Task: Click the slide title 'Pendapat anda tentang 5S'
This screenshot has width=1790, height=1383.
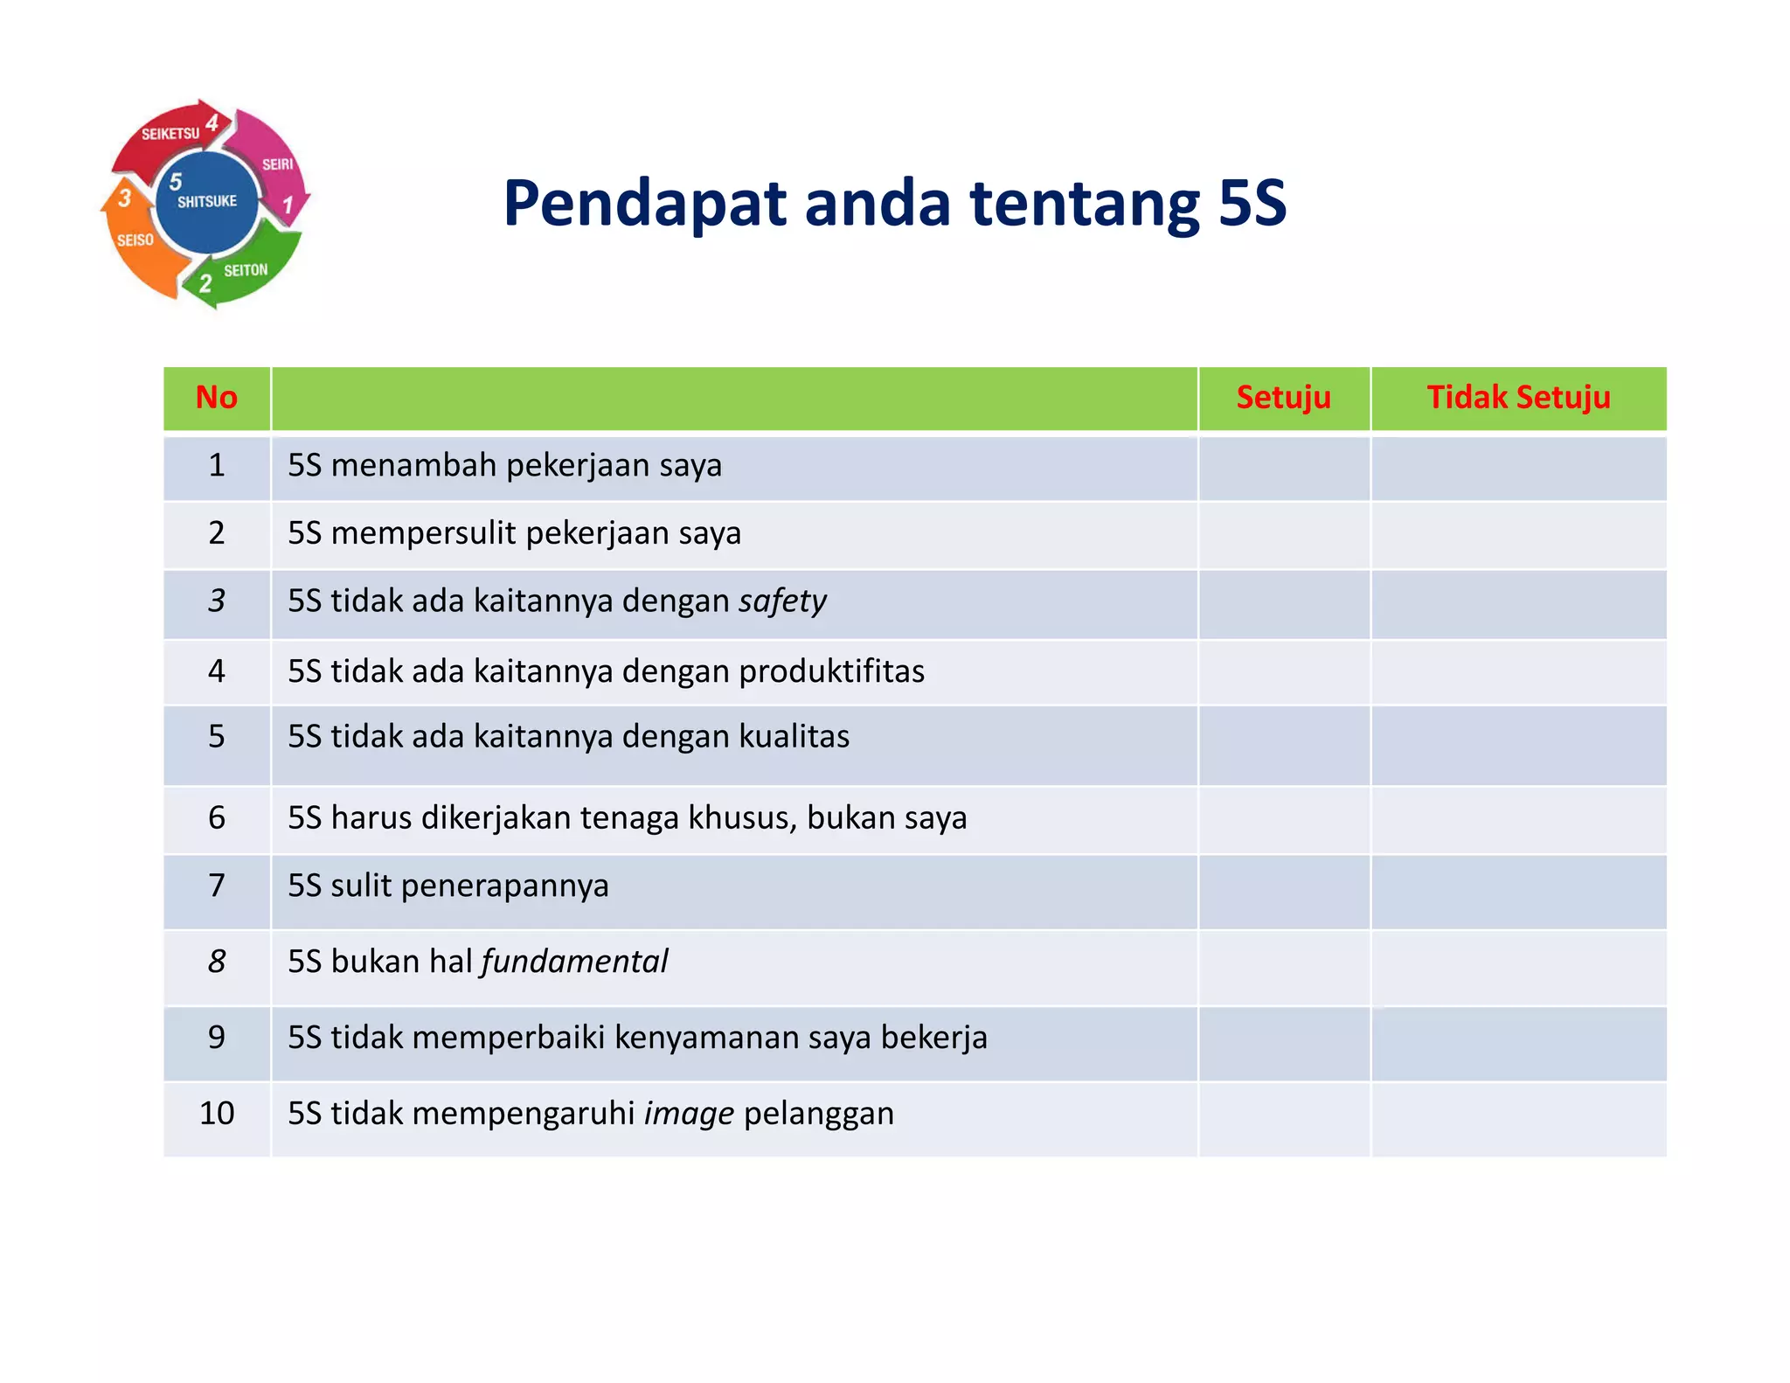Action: [894, 203]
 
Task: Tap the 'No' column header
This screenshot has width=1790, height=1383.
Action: [216, 398]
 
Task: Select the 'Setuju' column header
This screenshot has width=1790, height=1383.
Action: [1283, 398]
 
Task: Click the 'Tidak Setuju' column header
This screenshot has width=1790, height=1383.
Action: [1518, 398]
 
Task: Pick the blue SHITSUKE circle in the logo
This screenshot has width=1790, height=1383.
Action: [208, 201]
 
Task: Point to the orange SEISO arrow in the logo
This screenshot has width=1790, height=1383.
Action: [135, 245]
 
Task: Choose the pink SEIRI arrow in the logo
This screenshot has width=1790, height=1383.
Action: [275, 162]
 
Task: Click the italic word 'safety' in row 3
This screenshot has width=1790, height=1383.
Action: [782, 601]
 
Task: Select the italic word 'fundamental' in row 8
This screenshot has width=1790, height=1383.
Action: [574, 962]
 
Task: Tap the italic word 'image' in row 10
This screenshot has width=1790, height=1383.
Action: [689, 1114]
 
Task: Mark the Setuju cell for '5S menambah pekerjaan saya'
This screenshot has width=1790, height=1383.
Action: [1283, 468]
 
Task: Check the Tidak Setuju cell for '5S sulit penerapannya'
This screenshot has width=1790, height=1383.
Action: [1518, 892]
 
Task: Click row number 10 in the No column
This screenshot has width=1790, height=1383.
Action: [216, 1114]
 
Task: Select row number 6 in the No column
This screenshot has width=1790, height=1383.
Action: [216, 818]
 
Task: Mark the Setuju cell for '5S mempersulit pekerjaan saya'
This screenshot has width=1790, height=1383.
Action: [1283, 535]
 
